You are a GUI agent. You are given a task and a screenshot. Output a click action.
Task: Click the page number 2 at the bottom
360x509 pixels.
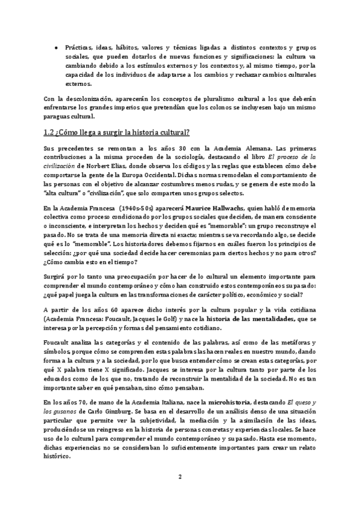tap(179, 477)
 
